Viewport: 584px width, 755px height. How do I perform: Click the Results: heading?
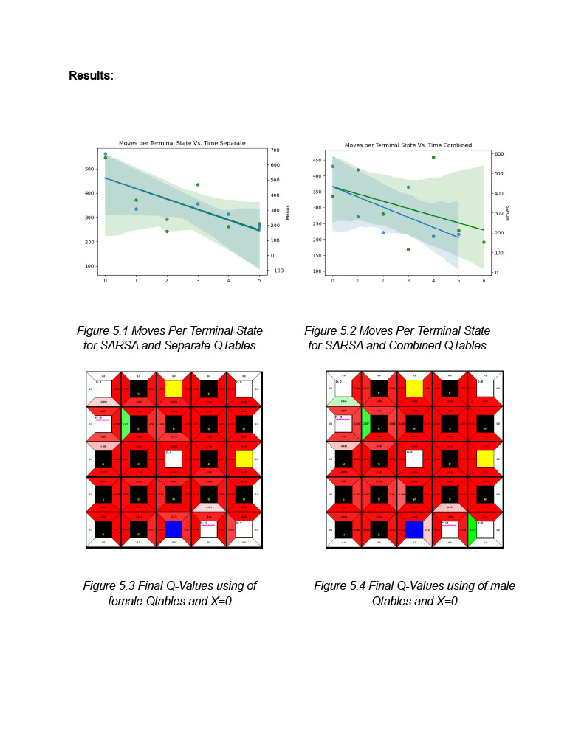[91, 75]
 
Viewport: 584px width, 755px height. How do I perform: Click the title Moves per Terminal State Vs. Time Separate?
[182, 142]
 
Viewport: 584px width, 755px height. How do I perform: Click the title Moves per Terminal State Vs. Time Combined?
[408, 145]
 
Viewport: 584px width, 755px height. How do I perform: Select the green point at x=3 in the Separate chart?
[198, 184]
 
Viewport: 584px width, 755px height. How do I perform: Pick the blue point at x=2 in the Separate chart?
[167, 219]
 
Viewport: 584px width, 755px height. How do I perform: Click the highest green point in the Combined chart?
[433, 157]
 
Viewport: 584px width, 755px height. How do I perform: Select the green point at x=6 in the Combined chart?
[484, 242]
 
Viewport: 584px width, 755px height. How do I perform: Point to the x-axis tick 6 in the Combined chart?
[484, 281]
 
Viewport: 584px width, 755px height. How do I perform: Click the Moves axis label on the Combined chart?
[509, 213]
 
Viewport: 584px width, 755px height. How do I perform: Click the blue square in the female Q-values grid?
[174, 529]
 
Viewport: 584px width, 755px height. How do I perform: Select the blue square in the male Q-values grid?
[414, 529]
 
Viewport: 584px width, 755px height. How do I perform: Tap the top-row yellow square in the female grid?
[174, 389]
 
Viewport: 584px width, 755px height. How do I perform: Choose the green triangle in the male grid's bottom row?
[471, 530]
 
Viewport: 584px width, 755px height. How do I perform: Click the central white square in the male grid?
[414, 459]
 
